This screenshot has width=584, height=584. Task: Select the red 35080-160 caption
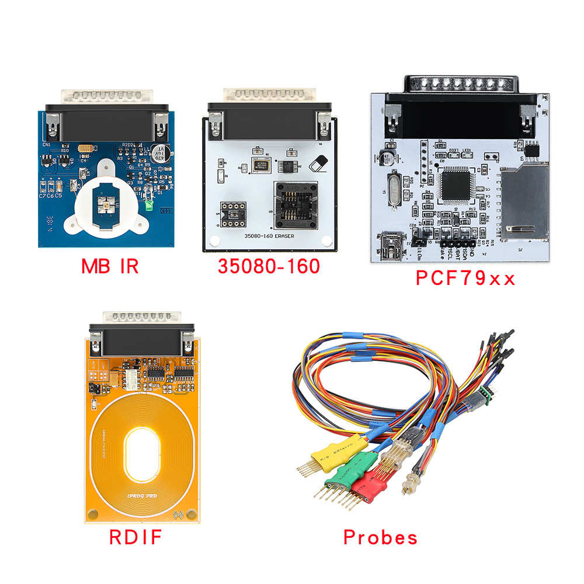click(x=269, y=267)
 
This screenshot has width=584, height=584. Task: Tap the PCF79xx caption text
click(x=465, y=278)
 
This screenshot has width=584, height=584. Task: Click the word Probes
click(x=380, y=537)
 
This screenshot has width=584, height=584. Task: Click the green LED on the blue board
click(x=149, y=206)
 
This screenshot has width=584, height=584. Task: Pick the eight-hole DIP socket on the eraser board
click(x=231, y=213)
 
